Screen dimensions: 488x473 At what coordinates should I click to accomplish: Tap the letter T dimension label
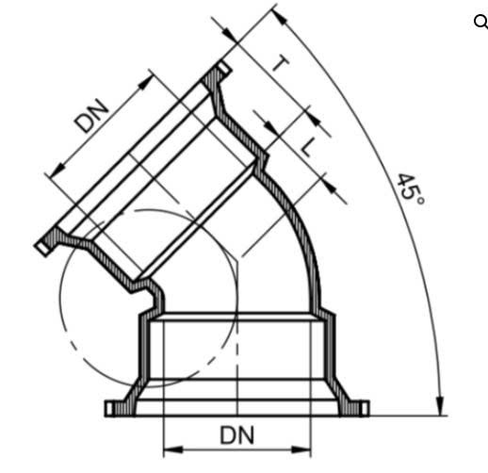[x=281, y=64]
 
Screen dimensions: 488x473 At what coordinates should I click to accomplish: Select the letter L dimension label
[x=308, y=147]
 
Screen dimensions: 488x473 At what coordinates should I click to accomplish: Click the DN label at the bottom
[x=237, y=435]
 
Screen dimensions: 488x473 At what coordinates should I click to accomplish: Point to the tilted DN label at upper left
[x=91, y=115]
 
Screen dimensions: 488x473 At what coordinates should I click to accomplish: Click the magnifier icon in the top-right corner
[x=480, y=22]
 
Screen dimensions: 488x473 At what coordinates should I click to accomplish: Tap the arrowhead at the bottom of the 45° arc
[x=440, y=406]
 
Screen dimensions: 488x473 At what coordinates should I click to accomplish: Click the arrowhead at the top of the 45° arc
[x=279, y=16]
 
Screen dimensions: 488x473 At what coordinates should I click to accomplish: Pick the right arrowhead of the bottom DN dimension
[x=301, y=449]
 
